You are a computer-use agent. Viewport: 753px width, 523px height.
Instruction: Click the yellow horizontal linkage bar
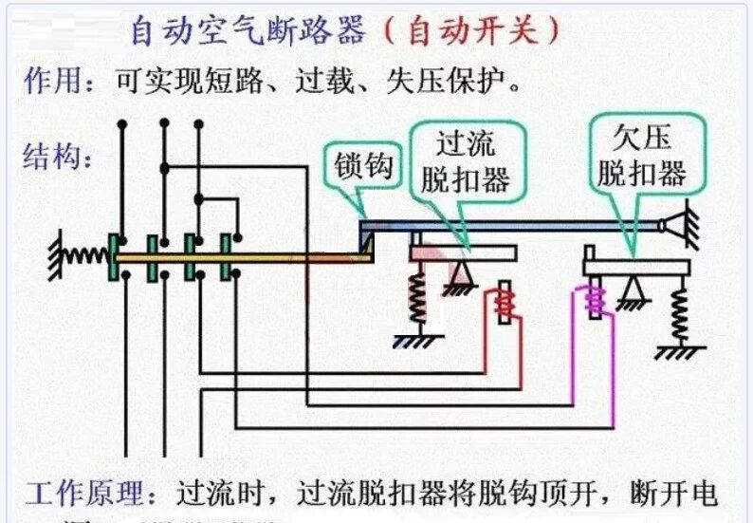237,257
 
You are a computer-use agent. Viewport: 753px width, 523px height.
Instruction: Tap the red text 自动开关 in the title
471,30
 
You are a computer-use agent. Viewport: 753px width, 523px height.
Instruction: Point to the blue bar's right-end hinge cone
668,225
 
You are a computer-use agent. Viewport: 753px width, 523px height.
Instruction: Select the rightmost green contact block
226,258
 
